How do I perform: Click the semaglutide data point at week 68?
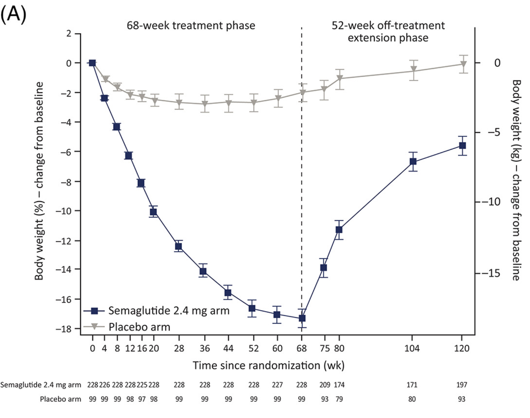[x=302, y=318]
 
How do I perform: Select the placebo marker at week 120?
[x=463, y=64]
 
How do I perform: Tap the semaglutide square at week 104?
[x=413, y=162]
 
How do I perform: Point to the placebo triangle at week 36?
[x=204, y=104]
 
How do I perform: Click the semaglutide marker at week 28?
[x=179, y=246]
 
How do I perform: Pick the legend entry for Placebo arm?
[x=139, y=327]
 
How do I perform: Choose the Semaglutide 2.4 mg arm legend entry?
[x=169, y=310]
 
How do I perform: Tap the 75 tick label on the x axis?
[x=325, y=348]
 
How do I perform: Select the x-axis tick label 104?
[x=412, y=348]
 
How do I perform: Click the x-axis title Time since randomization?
[x=268, y=366]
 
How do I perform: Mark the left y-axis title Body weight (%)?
[x=39, y=181]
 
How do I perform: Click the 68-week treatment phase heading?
[x=191, y=26]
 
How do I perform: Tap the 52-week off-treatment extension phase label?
[x=388, y=31]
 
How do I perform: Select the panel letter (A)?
[x=14, y=15]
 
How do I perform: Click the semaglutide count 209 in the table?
[x=325, y=385]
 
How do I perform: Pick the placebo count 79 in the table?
[x=339, y=399]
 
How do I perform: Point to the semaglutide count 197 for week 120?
[x=462, y=385]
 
